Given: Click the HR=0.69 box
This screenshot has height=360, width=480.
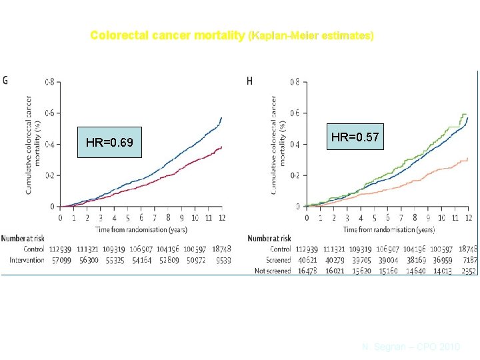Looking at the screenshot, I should click(x=109, y=143).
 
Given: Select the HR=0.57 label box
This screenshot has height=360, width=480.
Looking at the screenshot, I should click(x=355, y=137).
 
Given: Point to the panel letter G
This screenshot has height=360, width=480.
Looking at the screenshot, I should click(x=6, y=81).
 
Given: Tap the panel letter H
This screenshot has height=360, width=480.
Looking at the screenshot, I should click(x=249, y=81).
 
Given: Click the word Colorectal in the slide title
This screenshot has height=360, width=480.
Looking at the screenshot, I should click(x=116, y=35).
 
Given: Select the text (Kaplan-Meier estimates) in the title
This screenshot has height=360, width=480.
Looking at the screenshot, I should click(x=310, y=35).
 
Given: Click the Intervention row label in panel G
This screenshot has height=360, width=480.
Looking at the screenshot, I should click(x=23, y=260).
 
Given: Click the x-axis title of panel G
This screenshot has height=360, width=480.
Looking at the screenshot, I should click(x=141, y=229).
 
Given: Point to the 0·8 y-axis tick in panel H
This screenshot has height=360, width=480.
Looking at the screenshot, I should click(x=294, y=82).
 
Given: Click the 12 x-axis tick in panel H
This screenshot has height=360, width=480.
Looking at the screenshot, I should click(x=468, y=217).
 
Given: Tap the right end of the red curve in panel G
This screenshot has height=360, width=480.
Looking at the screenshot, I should click(x=221, y=147).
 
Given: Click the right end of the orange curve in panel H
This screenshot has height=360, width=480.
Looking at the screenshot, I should click(x=468, y=158).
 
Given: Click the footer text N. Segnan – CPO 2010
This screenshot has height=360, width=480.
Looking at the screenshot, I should click(x=411, y=347).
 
